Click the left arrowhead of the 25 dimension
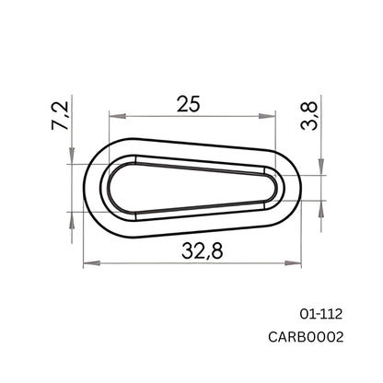[x=114, y=116]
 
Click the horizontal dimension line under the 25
[x=193, y=116]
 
